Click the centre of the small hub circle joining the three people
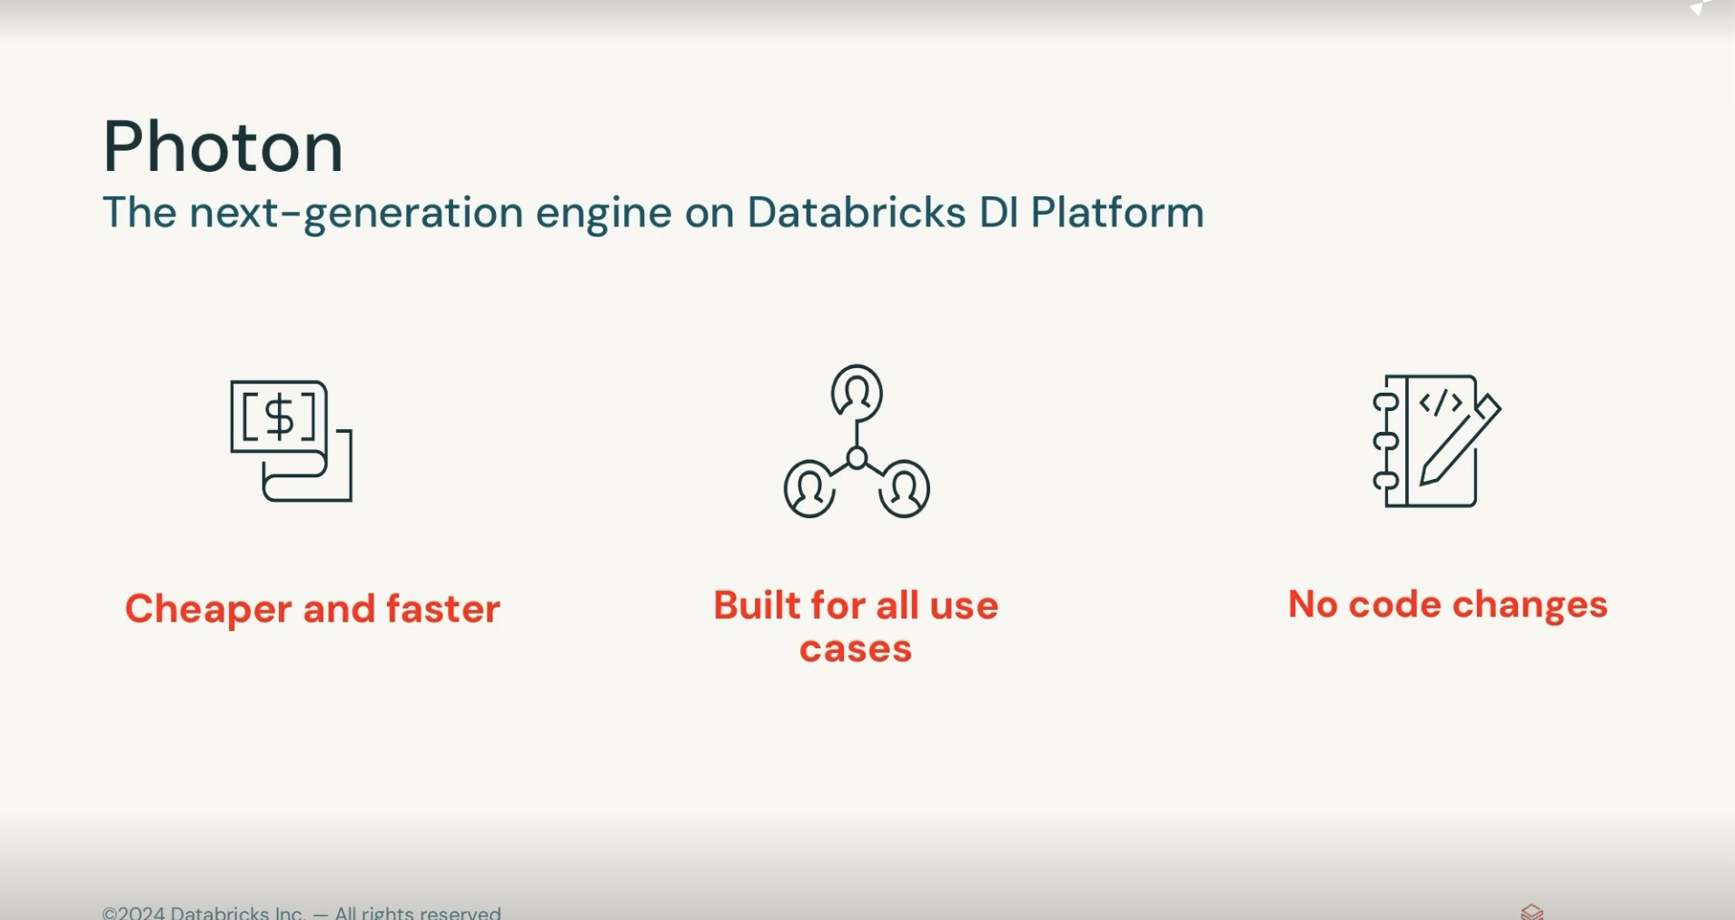pos(857,458)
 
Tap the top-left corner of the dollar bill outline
pos(232,382)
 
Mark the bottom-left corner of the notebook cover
pos(1387,505)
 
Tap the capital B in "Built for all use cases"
pos(728,605)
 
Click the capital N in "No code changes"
pos(1303,605)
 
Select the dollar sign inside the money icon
pos(279,416)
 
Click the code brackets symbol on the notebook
pos(1441,403)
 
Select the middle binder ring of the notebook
pos(1385,442)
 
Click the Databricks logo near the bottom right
pos(1532,912)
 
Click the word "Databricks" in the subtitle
pos(856,213)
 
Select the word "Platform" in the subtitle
pos(1117,213)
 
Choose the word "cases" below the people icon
pos(856,649)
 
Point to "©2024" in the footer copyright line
pos(134,913)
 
